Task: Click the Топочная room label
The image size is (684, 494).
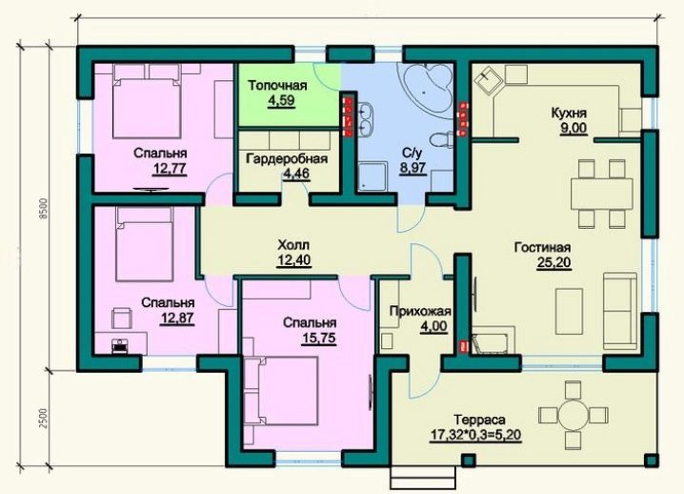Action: pyautogui.click(x=277, y=85)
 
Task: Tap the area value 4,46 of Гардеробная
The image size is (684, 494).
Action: pyautogui.click(x=296, y=174)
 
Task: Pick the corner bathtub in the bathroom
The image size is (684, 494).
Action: pyautogui.click(x=430, y=89)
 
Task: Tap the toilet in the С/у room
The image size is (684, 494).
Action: pyautogui.click(x=440, y=139)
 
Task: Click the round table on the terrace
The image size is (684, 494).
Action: pyautogui.click(x=573, y=414)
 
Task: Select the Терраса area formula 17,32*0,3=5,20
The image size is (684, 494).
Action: pyautogui.click(x=476, y=436)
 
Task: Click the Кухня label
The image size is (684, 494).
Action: pyautogui.click(x=569, y=113)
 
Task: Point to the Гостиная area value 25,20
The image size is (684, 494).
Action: pyautogui.click(x=554, y=263)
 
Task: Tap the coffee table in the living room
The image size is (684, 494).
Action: pyautogui.click(x=569, y=311)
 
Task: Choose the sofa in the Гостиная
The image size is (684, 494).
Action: pyautogui.click(x=620, y=311)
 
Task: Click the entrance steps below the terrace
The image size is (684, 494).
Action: pyautogui.click(x=423, y=477)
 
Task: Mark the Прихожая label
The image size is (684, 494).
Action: pyautogui.click(x=420, y=312)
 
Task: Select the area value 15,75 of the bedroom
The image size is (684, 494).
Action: pyautogui.click(x=319, y=339)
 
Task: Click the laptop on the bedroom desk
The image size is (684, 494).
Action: pyautogui.click(x=118, y=345)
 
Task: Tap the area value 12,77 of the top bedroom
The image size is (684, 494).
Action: pyautogui.click(x=170, y=169)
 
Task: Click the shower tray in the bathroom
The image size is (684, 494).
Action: pyautogui.click(x=373, y=176)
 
